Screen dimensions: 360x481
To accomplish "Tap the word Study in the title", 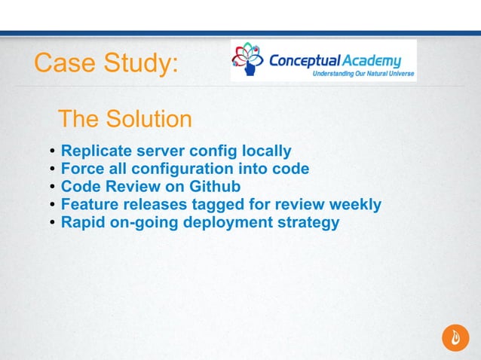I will click(139, 64).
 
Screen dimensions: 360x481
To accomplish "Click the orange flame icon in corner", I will click(455, 337).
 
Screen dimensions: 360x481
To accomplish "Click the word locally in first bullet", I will click(265, 151).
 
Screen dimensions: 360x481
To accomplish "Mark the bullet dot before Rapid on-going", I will click(52, 224).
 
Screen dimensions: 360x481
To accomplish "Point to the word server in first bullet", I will click(155, 151).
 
